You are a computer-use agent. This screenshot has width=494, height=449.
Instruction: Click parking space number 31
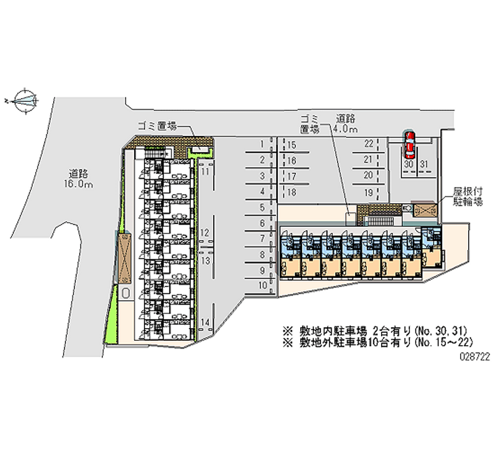point(424,164)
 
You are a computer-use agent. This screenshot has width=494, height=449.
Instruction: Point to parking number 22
point(369,144)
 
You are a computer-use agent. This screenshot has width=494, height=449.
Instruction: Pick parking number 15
point(292,145)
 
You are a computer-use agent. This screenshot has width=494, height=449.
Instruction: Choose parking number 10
point(262,285)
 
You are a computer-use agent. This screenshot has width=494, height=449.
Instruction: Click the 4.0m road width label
point(345,130)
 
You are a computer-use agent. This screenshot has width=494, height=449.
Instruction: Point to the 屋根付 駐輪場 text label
point(467,196)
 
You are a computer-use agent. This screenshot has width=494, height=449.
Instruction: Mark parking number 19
point(369,193)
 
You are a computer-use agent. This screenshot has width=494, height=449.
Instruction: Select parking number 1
point(262,144)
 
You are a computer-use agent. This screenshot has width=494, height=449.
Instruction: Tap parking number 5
point(262,207)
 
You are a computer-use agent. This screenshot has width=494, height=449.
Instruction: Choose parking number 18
point(292,192)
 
